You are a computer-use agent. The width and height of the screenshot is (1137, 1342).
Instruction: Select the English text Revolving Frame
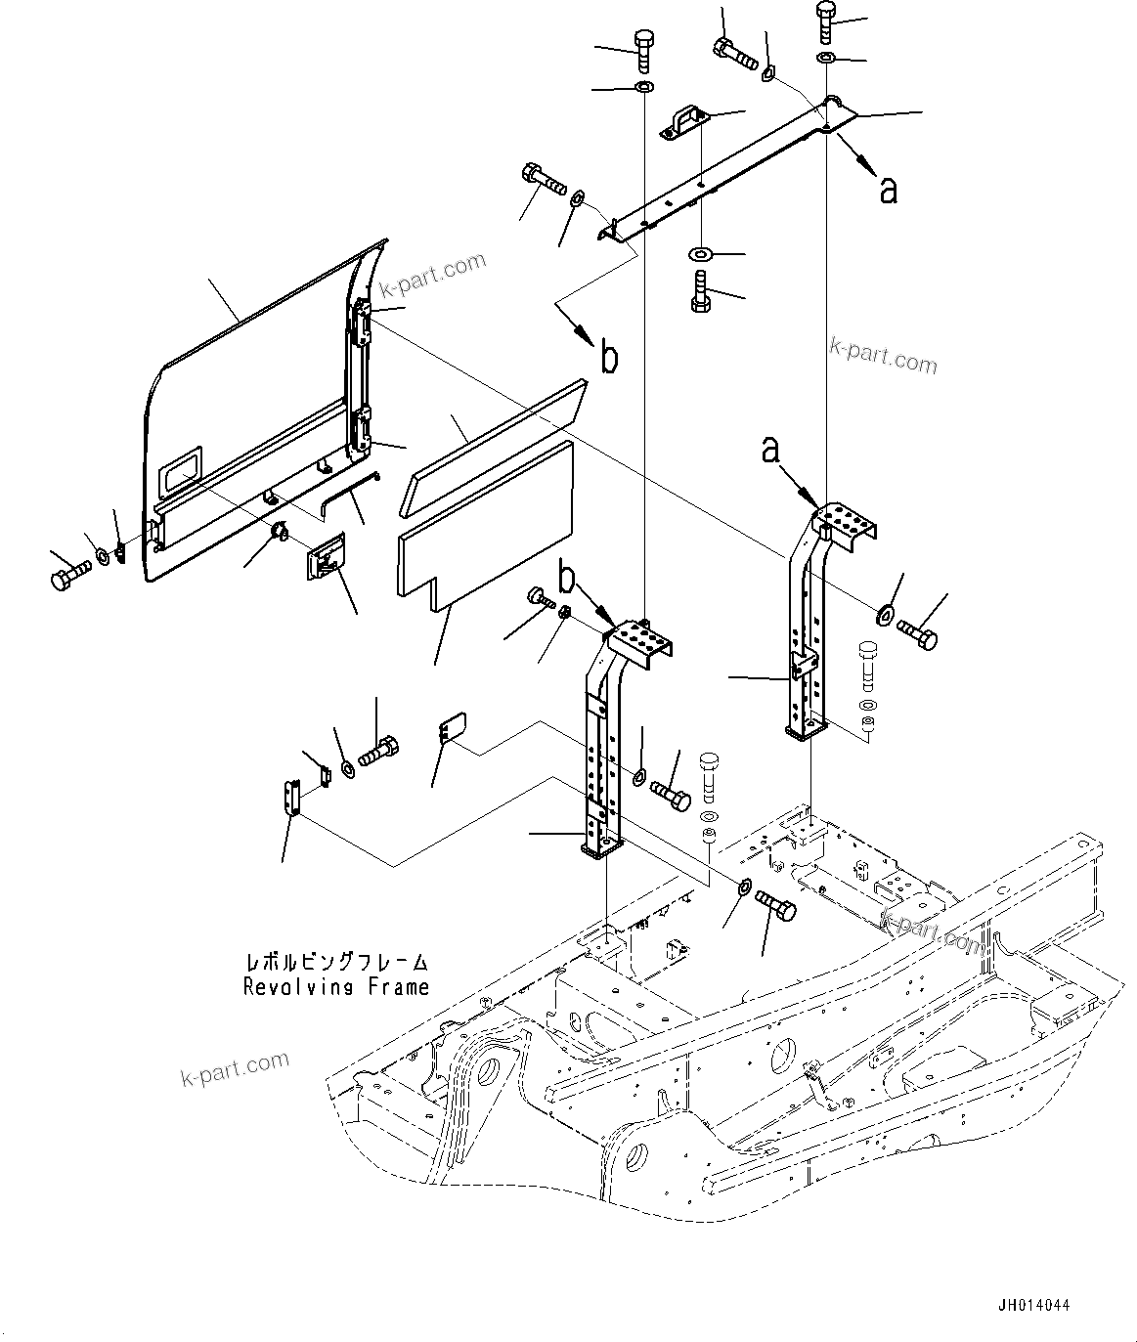336,987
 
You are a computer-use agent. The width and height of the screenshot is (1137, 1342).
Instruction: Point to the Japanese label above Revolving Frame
336,963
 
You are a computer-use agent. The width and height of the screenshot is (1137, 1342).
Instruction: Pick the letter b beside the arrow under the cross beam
608,360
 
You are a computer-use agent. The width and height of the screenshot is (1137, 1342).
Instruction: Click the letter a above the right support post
771,450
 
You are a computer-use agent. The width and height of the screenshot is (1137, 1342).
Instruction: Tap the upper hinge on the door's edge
362,322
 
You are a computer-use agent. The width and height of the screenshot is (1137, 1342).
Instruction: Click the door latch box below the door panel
325,559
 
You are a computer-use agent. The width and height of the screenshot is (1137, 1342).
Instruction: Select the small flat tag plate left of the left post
450,730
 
